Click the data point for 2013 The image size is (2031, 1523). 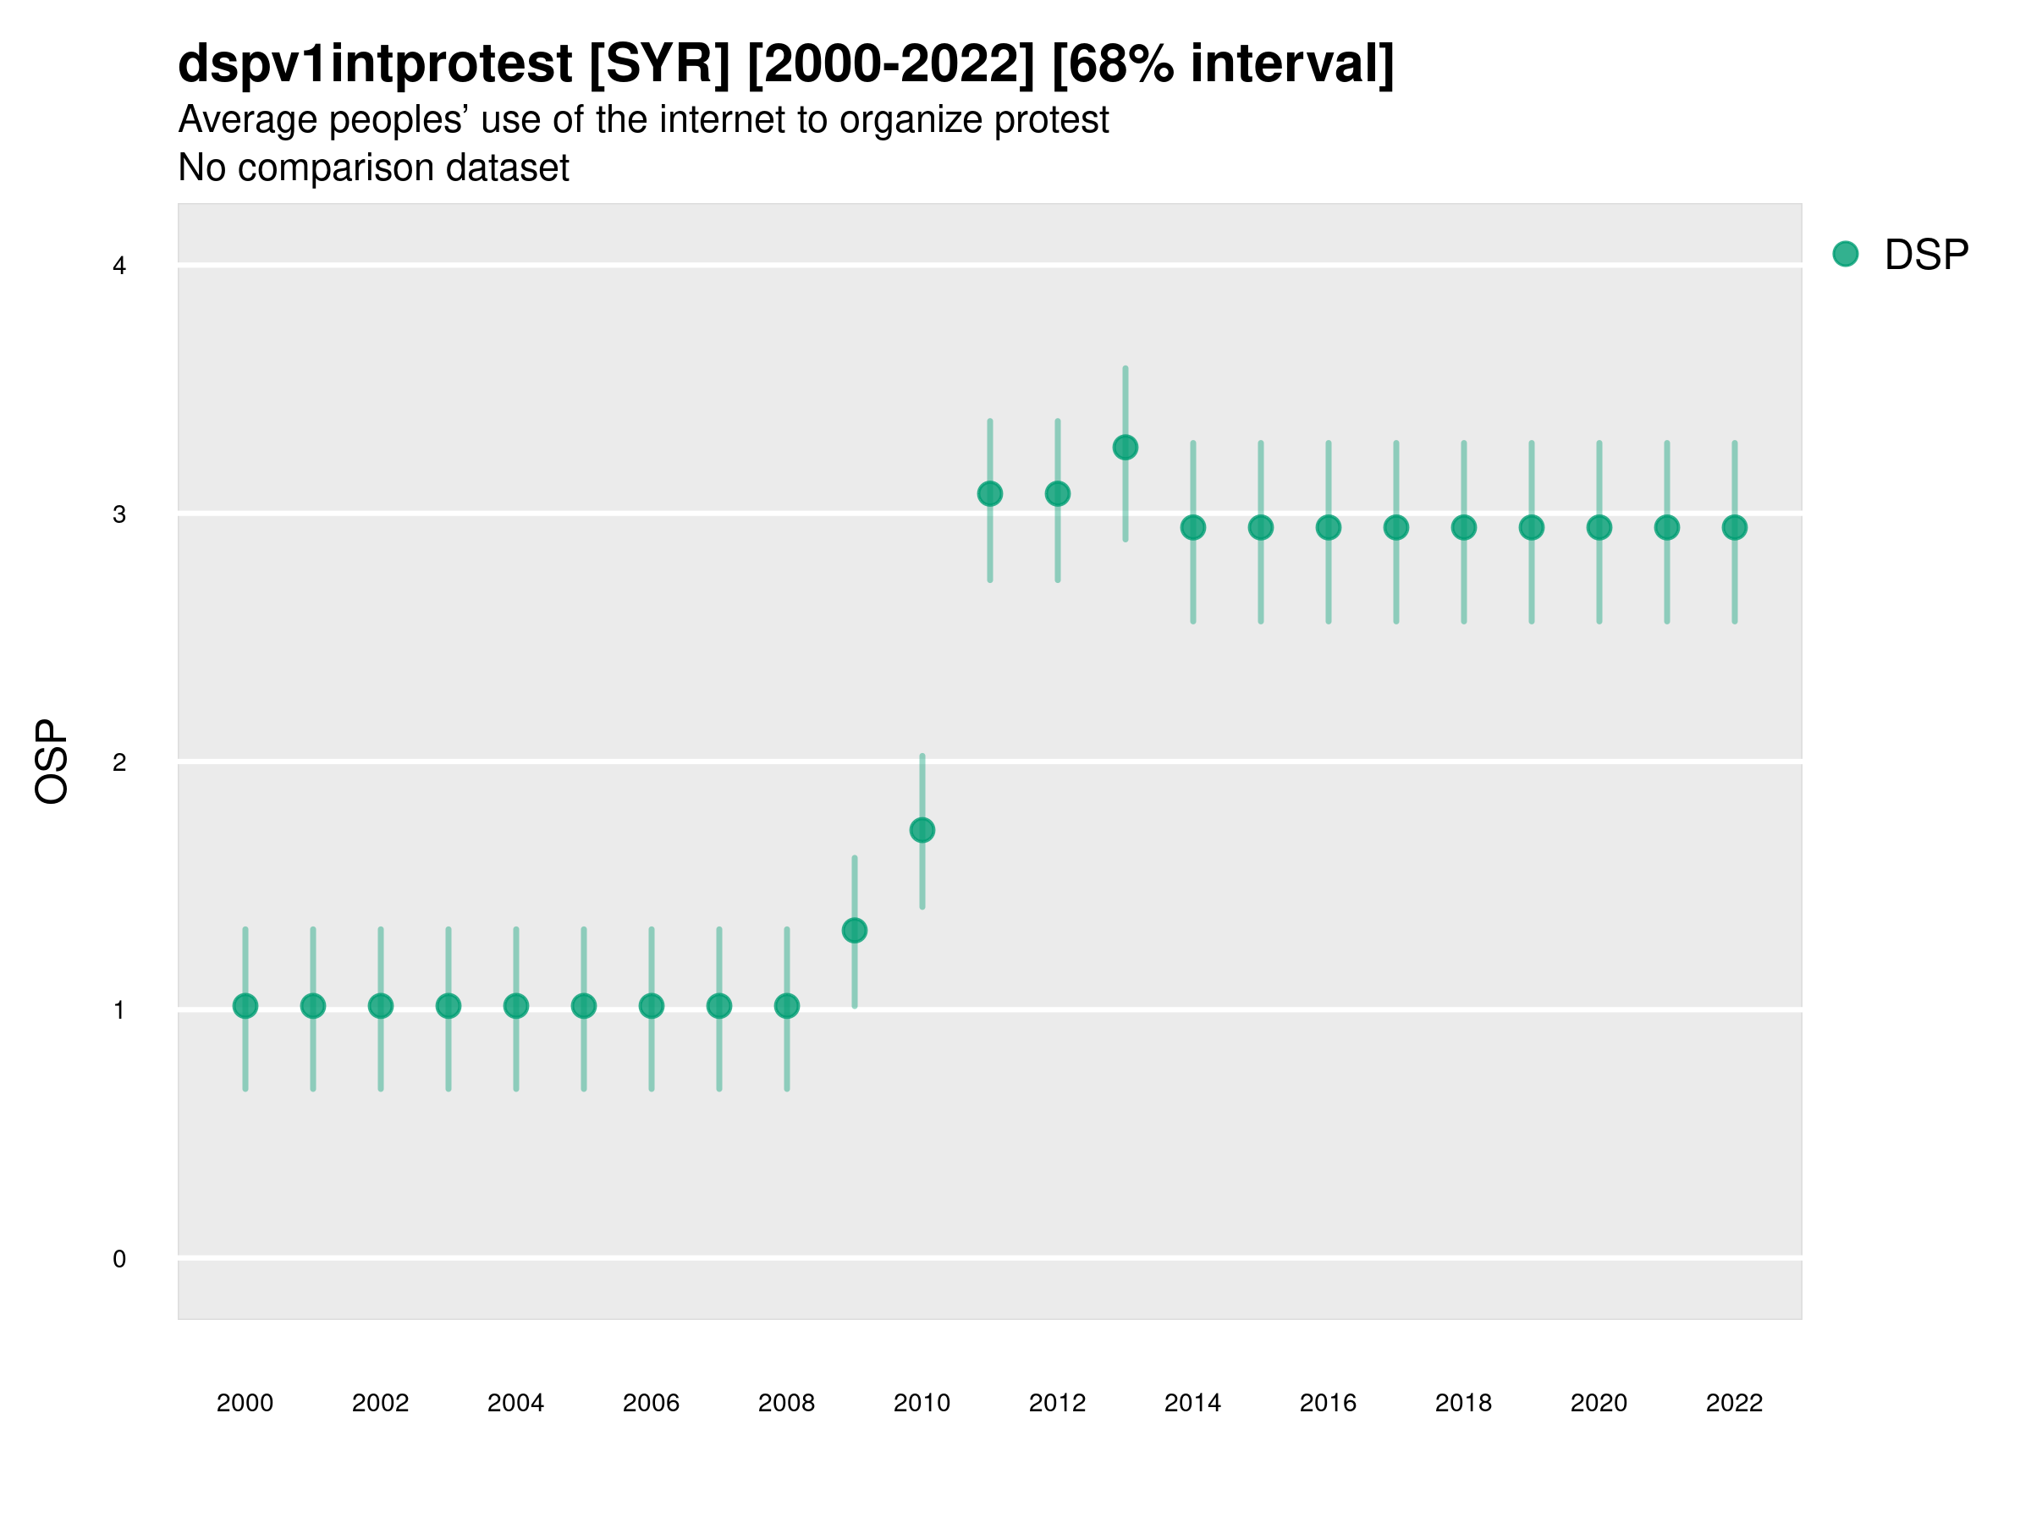1125,447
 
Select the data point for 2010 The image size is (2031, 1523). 922,830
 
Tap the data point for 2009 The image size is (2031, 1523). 854,930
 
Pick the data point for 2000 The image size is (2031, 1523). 245,1006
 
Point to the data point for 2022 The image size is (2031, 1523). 1735,527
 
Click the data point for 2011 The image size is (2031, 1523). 990,494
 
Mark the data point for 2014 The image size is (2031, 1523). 1192,527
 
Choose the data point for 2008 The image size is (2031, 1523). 787,1006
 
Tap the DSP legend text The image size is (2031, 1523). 1926,256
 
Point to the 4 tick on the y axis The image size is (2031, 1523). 119,267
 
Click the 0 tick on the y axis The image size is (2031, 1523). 119,1259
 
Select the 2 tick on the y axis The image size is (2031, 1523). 119,762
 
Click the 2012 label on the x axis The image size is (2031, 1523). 1057,1403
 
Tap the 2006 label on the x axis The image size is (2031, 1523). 651,1403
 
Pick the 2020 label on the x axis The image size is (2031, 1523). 1599,1403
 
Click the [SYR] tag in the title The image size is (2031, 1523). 659,64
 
